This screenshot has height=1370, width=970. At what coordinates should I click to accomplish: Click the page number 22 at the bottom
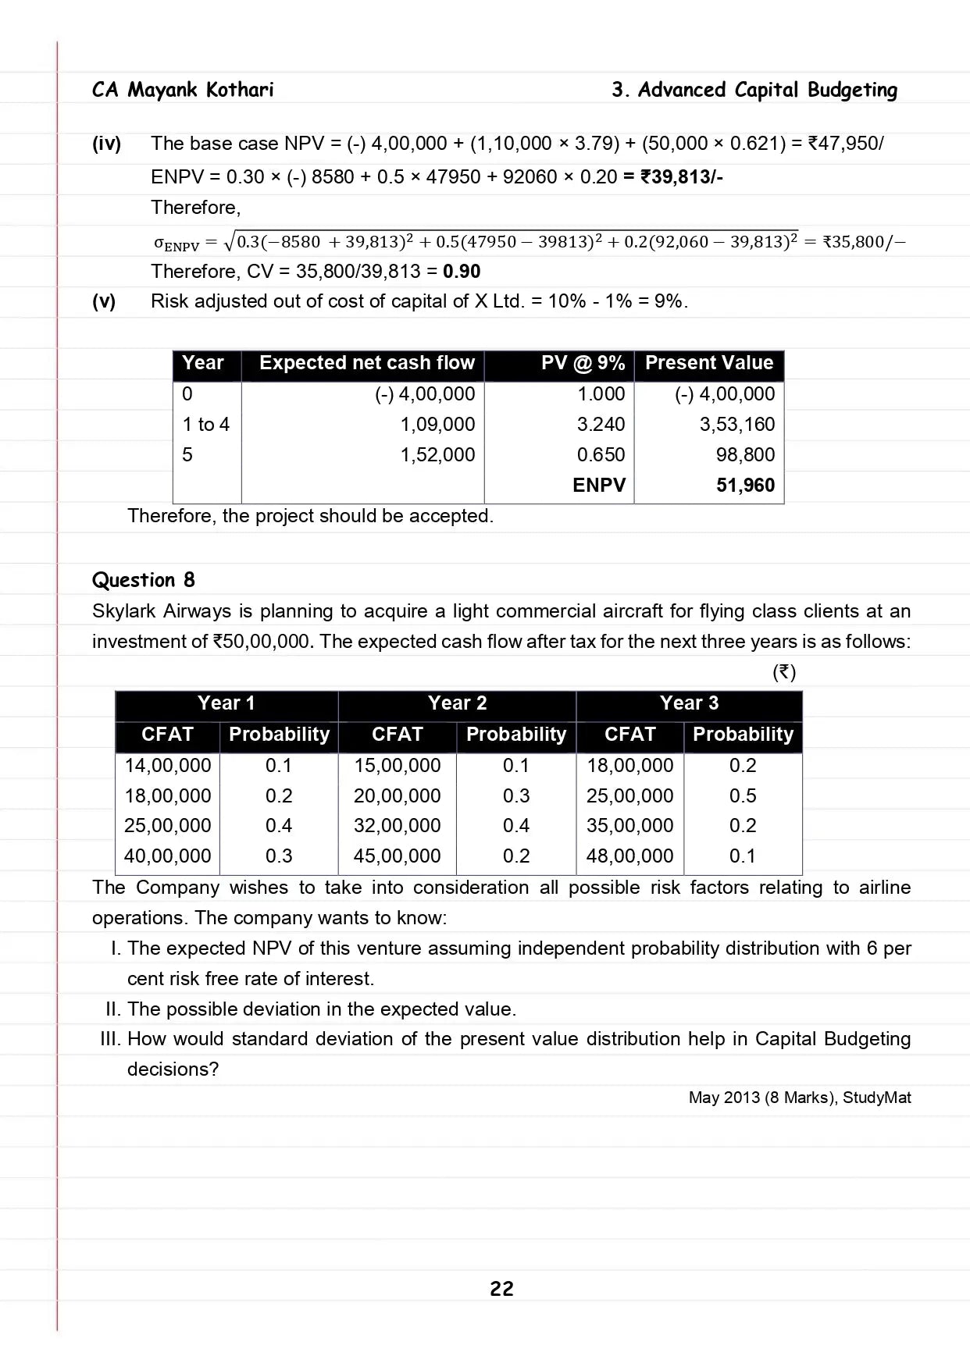501,1288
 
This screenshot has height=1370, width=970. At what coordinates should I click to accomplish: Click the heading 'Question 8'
144,580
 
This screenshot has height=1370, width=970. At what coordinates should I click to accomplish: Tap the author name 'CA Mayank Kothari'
183,90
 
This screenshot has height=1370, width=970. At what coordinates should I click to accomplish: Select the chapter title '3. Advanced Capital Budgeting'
754,90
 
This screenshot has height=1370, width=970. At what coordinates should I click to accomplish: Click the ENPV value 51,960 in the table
745,486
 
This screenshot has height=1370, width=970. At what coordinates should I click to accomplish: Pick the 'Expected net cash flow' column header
366,363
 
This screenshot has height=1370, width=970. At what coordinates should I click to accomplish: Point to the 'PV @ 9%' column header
583,363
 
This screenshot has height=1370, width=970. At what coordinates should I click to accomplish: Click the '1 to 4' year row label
206,425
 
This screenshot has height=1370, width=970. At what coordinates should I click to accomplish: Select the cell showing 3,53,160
736,425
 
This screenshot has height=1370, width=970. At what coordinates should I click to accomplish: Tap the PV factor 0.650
601,455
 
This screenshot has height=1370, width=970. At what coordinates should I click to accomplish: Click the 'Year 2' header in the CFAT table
457,703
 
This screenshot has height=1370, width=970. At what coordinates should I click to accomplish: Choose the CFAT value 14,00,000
168,766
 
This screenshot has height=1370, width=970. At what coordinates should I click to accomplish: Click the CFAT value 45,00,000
397,856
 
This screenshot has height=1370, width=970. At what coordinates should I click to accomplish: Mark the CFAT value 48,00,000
629,856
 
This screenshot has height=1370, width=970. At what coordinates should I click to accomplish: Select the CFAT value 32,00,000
397,826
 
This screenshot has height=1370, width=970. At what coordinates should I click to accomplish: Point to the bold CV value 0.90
462,272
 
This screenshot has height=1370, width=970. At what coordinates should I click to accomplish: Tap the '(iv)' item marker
107,144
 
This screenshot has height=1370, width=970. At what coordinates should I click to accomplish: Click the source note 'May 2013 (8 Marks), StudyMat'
799,1098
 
